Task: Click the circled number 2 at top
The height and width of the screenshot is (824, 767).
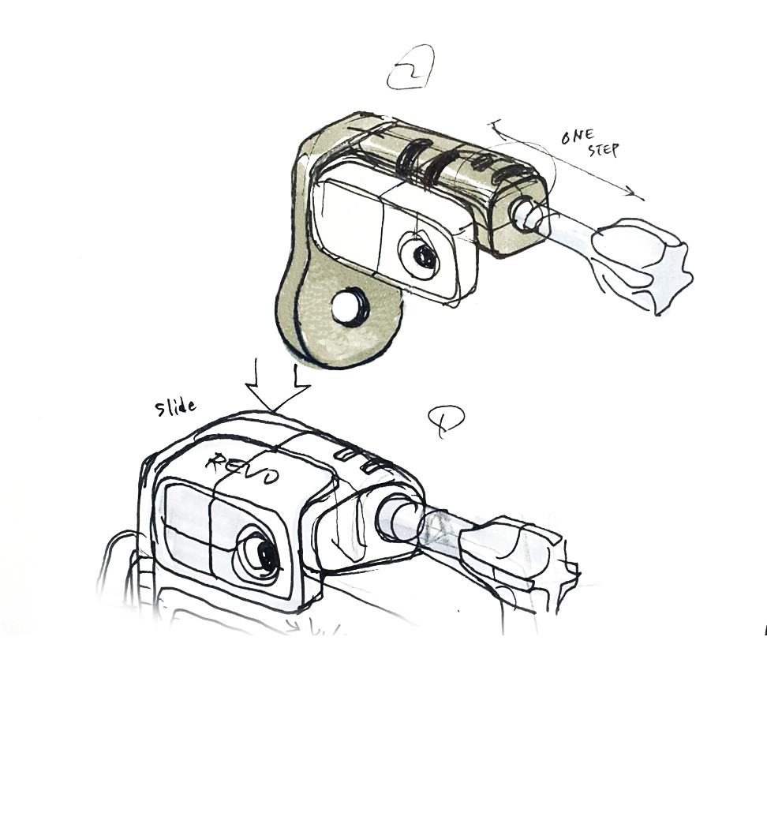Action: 410,68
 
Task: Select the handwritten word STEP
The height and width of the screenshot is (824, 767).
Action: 603,149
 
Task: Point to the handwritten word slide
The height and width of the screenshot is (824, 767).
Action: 175,406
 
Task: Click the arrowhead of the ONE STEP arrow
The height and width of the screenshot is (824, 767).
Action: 636,194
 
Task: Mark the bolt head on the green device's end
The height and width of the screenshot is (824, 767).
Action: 524,214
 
